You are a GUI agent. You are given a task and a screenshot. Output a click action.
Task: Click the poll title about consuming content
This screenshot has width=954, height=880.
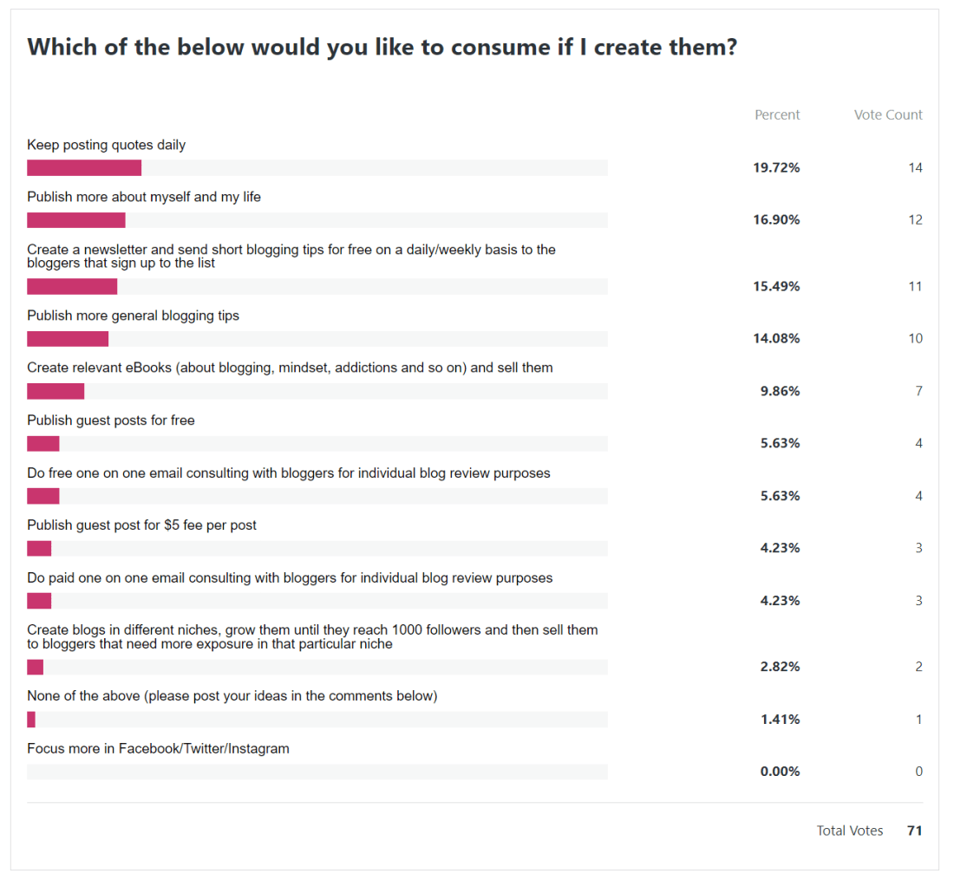[382, 47]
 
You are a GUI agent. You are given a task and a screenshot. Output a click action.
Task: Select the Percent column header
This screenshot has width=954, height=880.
[777, 114]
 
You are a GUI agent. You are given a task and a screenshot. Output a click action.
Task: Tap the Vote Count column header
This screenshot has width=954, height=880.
[888, 114]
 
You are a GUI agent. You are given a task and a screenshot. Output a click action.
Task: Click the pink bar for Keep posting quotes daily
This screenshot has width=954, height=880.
[84, 167]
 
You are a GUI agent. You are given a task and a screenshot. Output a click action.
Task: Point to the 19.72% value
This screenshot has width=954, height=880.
[776, 167]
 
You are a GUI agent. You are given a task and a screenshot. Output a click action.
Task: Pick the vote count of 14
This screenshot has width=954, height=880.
[915, 167]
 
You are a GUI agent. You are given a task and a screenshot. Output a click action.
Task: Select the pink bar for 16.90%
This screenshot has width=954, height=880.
[76, 220]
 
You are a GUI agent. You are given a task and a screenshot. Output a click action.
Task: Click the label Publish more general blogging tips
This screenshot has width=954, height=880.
[133, 316]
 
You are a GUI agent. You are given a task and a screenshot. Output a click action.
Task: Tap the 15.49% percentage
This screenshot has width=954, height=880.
[776, 286]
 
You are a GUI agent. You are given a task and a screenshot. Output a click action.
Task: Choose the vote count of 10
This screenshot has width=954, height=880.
[915, 338]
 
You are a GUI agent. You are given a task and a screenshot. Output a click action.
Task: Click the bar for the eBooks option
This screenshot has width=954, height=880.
[56, 391]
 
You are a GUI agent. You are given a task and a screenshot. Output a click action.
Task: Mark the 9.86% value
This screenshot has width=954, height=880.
[780, 391]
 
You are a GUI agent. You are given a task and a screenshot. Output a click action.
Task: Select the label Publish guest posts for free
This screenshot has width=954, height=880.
[111, 420]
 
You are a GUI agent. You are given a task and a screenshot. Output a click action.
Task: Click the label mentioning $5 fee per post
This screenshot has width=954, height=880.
[141, 525]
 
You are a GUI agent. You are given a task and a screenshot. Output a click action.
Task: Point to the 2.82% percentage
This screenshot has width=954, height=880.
[780, 667]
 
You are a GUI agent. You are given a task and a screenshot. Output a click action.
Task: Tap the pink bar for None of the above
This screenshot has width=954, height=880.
[31, 720]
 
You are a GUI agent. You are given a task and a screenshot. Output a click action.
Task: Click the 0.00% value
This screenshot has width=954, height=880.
[780, 772]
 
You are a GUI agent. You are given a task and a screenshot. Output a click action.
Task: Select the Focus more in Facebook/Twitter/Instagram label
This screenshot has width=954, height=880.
[158, 748]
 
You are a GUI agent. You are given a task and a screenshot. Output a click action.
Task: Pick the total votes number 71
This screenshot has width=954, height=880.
[914, 831]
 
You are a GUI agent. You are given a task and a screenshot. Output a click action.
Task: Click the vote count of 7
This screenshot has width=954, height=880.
[918, 391]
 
